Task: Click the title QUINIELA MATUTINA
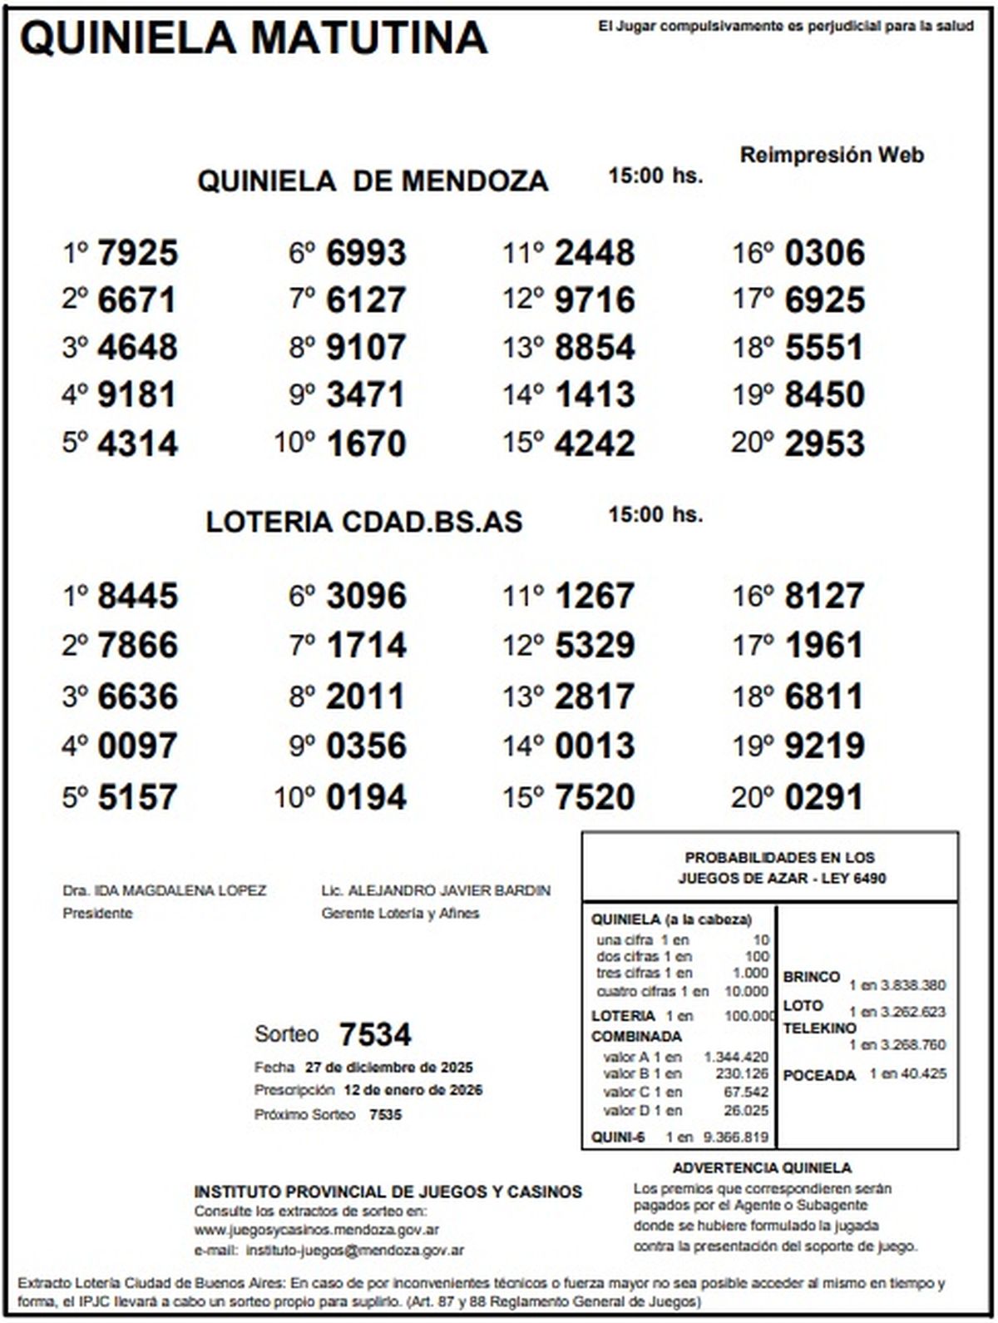click(254, 38)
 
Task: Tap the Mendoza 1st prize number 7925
click(138, 253)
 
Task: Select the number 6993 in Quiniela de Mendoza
click(366, 253)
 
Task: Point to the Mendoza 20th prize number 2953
click(824, 443)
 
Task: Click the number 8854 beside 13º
click(595, 348)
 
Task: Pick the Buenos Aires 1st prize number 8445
click(138, 597)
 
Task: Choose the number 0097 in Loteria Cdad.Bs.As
click(138, 746)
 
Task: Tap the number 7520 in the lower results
click(595, 797)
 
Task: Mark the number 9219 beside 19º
click(824, 746)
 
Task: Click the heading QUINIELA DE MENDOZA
click(373, 181)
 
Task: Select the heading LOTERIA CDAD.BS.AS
click(364, 522)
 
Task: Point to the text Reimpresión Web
click(832, 155)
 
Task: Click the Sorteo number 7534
click(375, 1035)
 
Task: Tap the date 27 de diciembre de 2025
click(389, 1068)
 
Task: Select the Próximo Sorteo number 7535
click(385, 1114)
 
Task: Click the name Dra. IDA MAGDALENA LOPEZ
click(165, 890)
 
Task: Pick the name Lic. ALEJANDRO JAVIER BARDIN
click(436, 890)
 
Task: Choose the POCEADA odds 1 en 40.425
click(908, 1074)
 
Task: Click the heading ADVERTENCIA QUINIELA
click(762, 1168)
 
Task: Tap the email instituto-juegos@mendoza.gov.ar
click(355, 1250)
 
